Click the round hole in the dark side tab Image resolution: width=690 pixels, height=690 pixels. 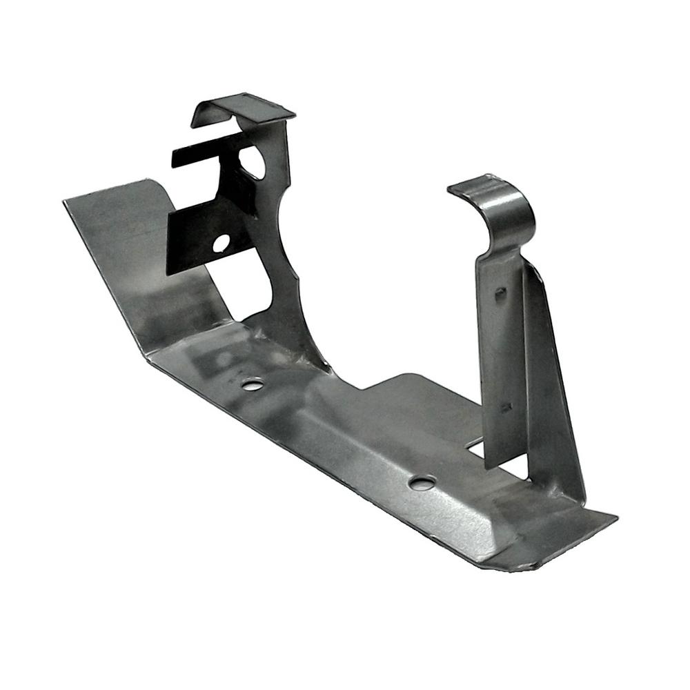pyautogui.click(x=221, y=243)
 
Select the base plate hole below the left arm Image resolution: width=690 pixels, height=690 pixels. pyautogui.click(x=253, y=384)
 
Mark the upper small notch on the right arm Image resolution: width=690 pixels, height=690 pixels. pyautogui.click(x=501, y=293)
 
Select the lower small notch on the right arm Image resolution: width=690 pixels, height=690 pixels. pyautogui.click(x=506, y=407)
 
